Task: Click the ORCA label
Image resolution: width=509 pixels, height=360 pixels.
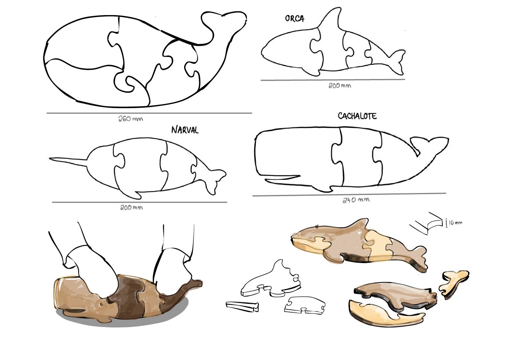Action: point(295,18)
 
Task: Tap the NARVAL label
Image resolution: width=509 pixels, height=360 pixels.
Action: point(185,130)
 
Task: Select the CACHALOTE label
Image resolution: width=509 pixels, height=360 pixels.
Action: point(357,116)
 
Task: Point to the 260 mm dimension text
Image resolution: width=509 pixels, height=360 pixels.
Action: point(131,119)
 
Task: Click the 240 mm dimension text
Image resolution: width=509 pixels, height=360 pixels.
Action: point(356,200)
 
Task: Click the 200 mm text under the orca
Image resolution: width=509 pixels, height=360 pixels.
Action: point(340,86)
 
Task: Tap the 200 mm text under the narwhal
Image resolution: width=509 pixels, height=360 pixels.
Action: point(131,208)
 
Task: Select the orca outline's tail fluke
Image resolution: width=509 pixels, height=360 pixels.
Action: point(397,62)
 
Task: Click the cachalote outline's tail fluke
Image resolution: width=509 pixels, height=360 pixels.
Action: point(430,145)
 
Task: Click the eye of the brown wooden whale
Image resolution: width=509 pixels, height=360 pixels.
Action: point(101,304)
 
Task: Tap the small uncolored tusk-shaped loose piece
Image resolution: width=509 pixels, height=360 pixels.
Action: point(242,306)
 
